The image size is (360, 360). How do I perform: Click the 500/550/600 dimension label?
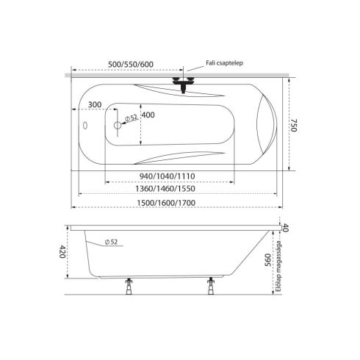click(x=131, y=65)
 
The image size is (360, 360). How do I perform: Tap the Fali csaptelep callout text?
click(x=224, y=63)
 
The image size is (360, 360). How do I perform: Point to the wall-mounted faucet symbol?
click(x=183, y=84)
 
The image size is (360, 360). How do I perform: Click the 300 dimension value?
click(x=95, y=104)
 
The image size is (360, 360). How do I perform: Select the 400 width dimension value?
click(x=148, y=115)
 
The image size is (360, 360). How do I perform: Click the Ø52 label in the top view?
click(x=132, y=118)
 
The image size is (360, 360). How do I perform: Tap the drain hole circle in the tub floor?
click(x=118, y=126)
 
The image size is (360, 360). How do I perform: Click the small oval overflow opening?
click(x=85, y=125)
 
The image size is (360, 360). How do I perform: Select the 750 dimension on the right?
click(x=294, y=125)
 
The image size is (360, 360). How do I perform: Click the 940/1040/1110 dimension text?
click(x=168, y=176)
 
